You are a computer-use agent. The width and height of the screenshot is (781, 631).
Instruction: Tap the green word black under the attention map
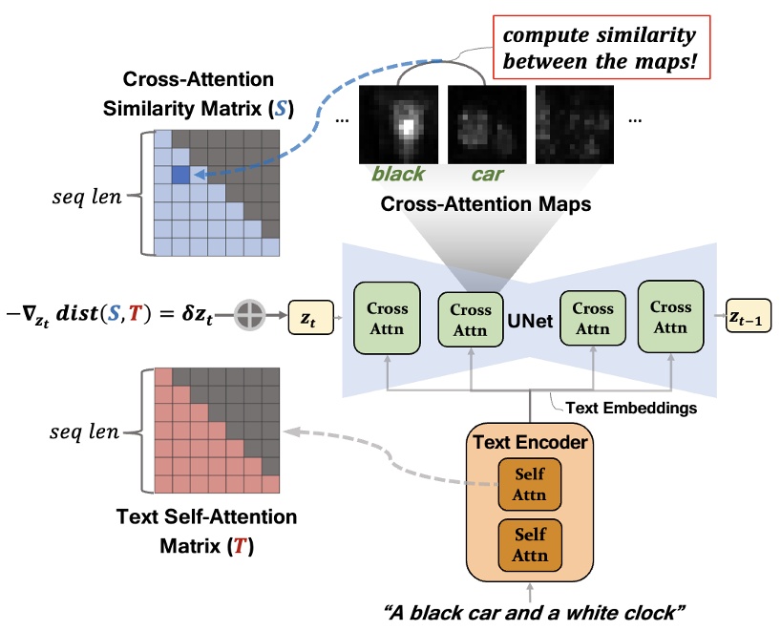pos(398,175)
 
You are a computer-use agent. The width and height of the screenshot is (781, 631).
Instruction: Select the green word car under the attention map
pos(486,175)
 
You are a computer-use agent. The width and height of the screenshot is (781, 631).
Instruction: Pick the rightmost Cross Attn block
pos(670,316)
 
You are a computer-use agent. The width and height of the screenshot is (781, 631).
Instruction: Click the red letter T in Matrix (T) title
pos(235,550)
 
